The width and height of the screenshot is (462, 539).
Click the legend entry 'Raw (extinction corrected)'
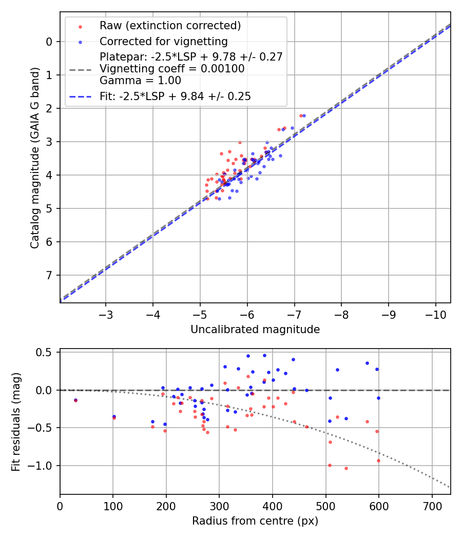170,26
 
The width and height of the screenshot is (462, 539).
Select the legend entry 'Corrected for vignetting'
164,41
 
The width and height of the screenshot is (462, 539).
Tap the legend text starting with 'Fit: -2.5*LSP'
175,96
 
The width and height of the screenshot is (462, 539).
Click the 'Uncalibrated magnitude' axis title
255,330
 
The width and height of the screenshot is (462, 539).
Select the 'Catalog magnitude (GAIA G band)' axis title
34,157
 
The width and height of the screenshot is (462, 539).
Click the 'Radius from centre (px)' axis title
255,521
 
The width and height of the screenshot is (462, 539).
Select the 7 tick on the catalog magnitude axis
48,276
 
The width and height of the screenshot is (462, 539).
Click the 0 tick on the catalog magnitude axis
48,42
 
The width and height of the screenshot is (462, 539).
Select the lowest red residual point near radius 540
346,468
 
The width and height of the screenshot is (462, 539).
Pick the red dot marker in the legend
80,26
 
